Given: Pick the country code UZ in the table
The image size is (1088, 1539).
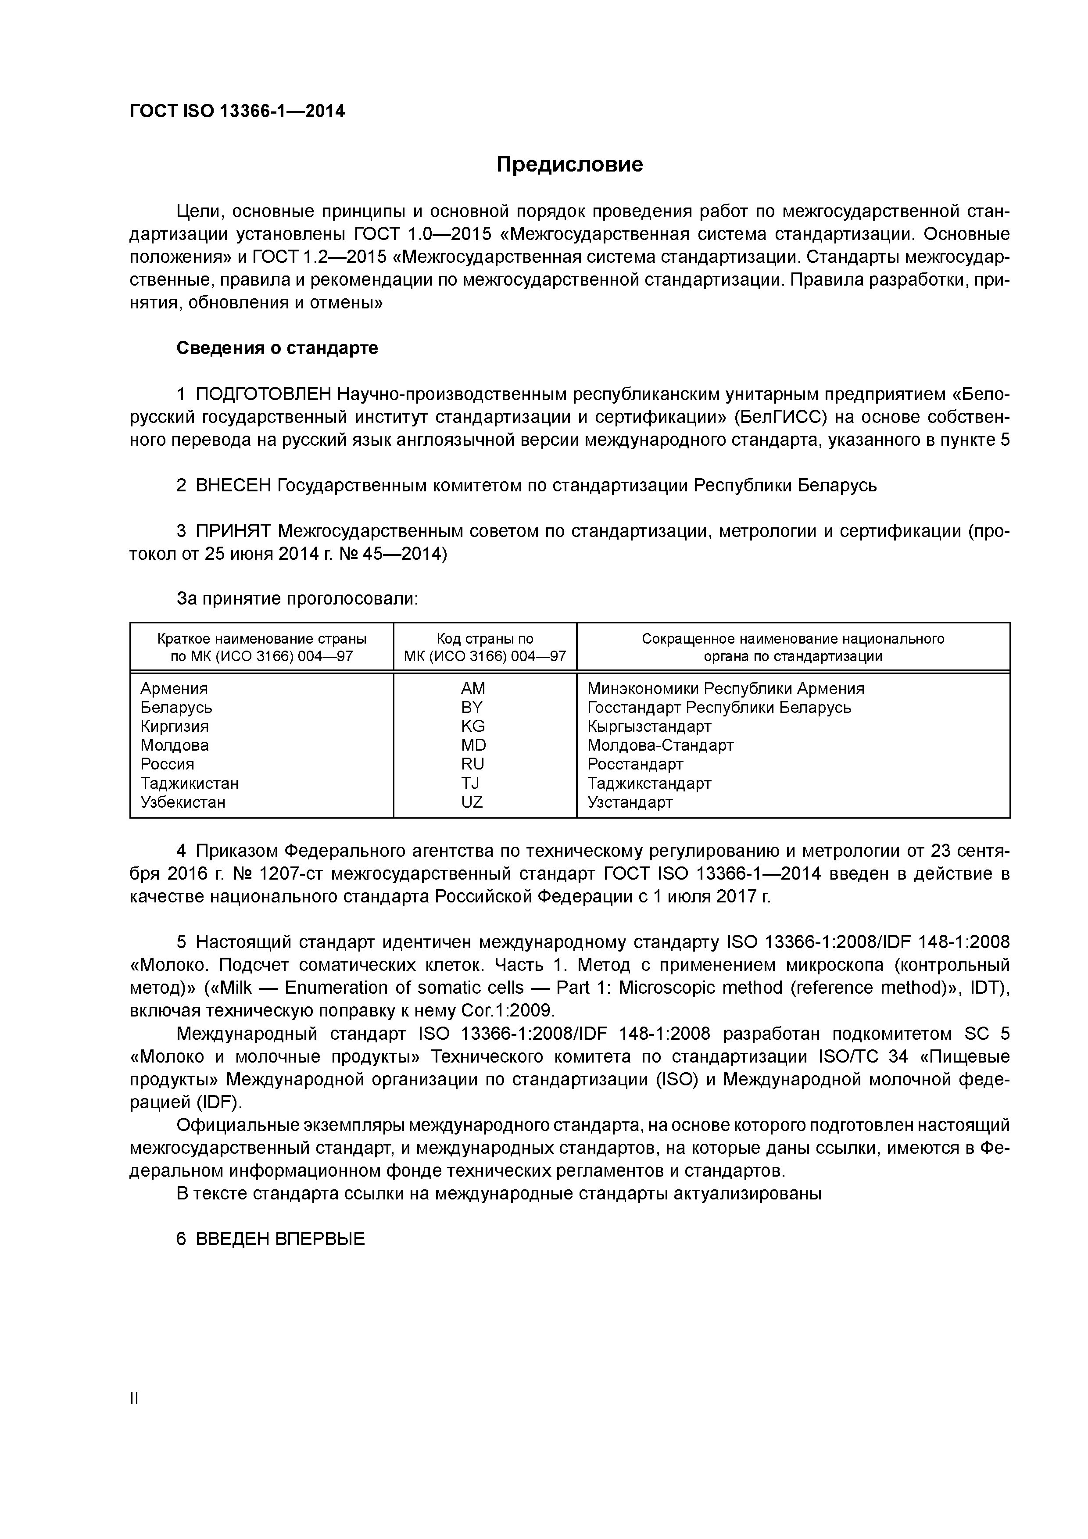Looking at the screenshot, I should [x=472, y=802].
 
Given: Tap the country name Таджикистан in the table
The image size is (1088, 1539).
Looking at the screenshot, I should [x=189, y=783].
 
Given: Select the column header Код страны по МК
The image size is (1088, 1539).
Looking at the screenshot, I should [x=485, y=647].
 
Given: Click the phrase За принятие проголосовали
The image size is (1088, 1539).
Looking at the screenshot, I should [x=297, y=598].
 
